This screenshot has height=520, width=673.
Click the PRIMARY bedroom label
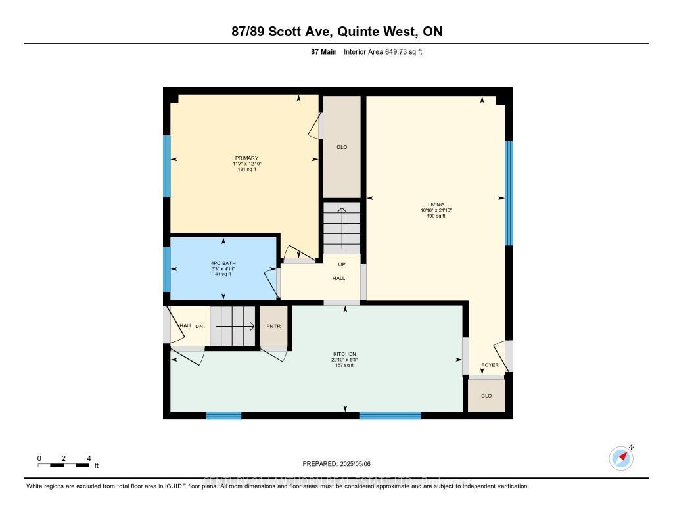coord(247,158)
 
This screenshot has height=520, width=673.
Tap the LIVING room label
coord(436,204)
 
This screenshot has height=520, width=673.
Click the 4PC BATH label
coord(223,263)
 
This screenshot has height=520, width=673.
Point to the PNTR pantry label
coord(273,325)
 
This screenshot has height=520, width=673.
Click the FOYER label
coord(490,365)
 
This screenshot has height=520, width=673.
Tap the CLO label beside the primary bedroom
coord(342,147)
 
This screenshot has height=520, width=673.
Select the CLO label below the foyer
coord(486,396)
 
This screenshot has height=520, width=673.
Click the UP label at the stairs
coord(342,264)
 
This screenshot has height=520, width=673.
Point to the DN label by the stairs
coord(199,326)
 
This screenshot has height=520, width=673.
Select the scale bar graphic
coord(64,465)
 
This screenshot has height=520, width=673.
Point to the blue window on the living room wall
coord(509,193)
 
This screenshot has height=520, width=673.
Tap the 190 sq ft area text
coord(436,216)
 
